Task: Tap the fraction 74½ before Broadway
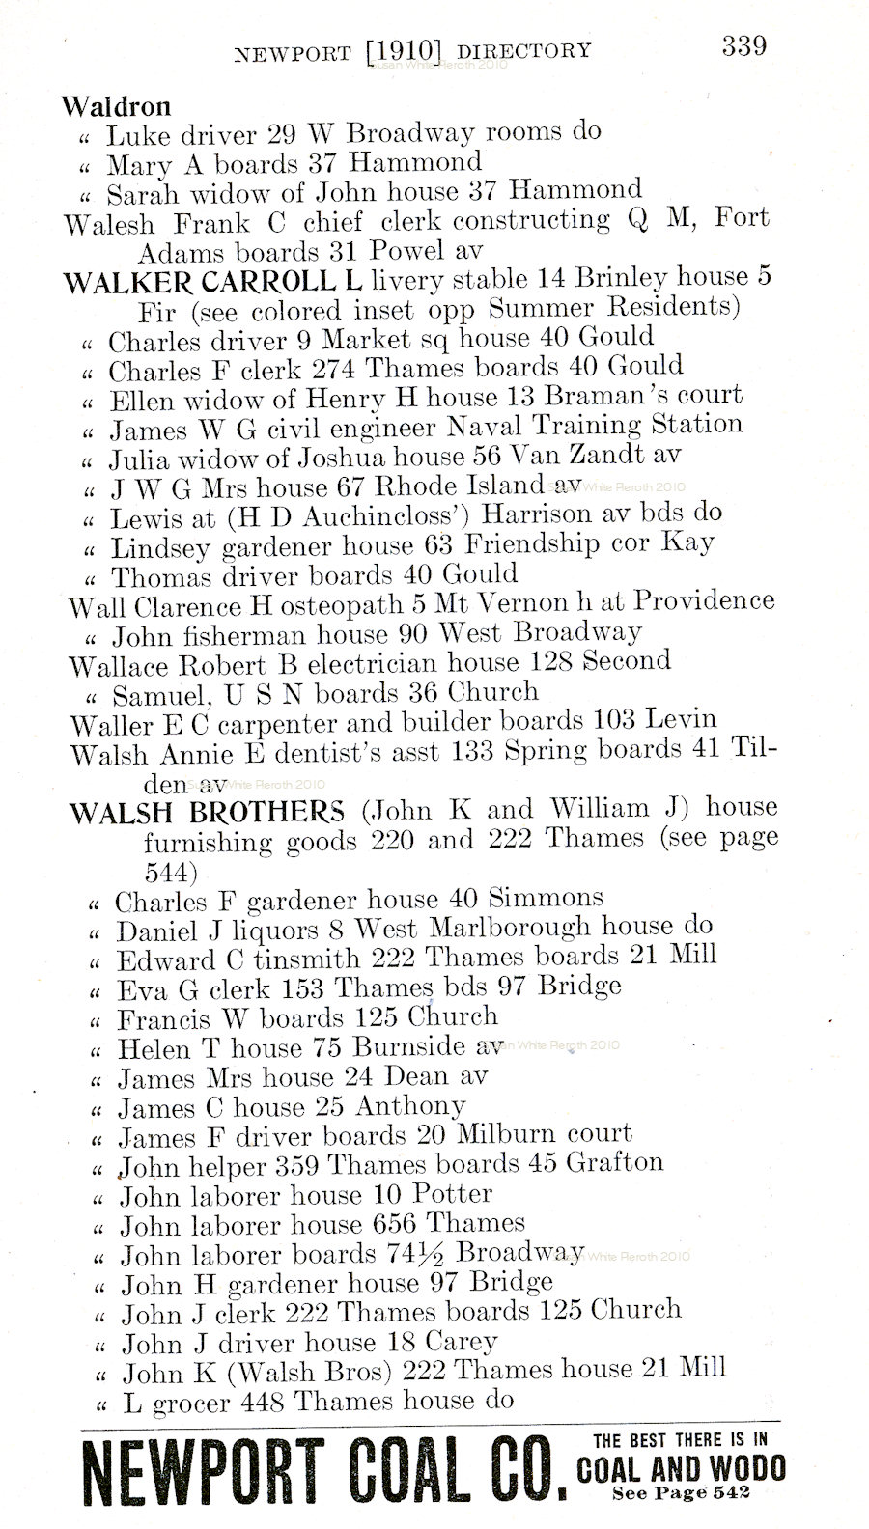tap(415, 1255)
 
